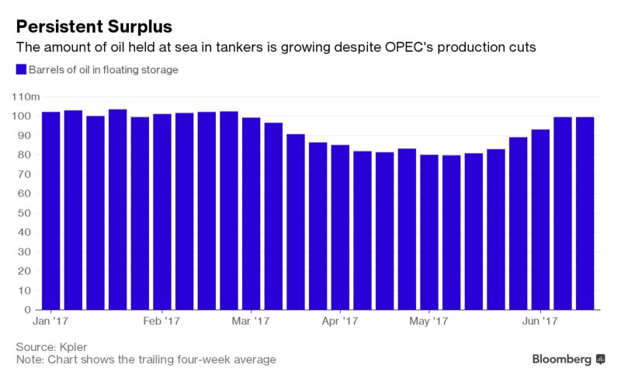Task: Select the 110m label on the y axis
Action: click(x=27, y=96)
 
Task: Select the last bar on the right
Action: click(x=585, y=214)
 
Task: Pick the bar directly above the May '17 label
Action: click(x=429, y=232)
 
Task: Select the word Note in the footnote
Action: click(x=29, y=359)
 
